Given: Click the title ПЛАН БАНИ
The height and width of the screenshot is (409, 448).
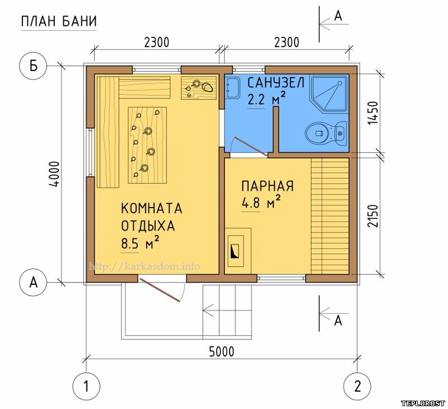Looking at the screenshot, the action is coord(59,21).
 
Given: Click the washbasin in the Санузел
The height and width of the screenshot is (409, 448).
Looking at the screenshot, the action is coord(232,88).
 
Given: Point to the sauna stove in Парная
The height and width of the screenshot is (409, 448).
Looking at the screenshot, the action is coord(237,247).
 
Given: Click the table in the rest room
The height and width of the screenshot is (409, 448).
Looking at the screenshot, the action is coord(147,145).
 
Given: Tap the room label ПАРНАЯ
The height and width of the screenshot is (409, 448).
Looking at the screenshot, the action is coord(268,186).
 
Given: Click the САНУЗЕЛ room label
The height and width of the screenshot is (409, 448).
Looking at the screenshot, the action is coord(276,83).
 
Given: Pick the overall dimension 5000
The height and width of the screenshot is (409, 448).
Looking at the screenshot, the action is coord(221,351).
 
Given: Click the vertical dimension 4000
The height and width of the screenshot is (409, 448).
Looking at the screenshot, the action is coord(54,174).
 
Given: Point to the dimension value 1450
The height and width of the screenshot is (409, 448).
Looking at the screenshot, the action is coord(372,112).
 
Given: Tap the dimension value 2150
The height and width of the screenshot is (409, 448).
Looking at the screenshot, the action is coord(372,215).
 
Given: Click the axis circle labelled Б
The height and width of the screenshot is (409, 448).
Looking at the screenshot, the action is coord(33,66).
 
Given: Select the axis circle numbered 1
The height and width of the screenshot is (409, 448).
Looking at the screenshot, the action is coord(86,387).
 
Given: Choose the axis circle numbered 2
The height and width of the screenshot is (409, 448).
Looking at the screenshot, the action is coord(357,387).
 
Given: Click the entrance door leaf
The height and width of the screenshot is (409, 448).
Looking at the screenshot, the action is coord(160,290).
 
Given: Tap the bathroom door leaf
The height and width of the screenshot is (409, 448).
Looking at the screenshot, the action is coord(250,147).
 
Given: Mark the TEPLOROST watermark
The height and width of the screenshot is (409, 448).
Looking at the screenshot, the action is coord(423,403).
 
